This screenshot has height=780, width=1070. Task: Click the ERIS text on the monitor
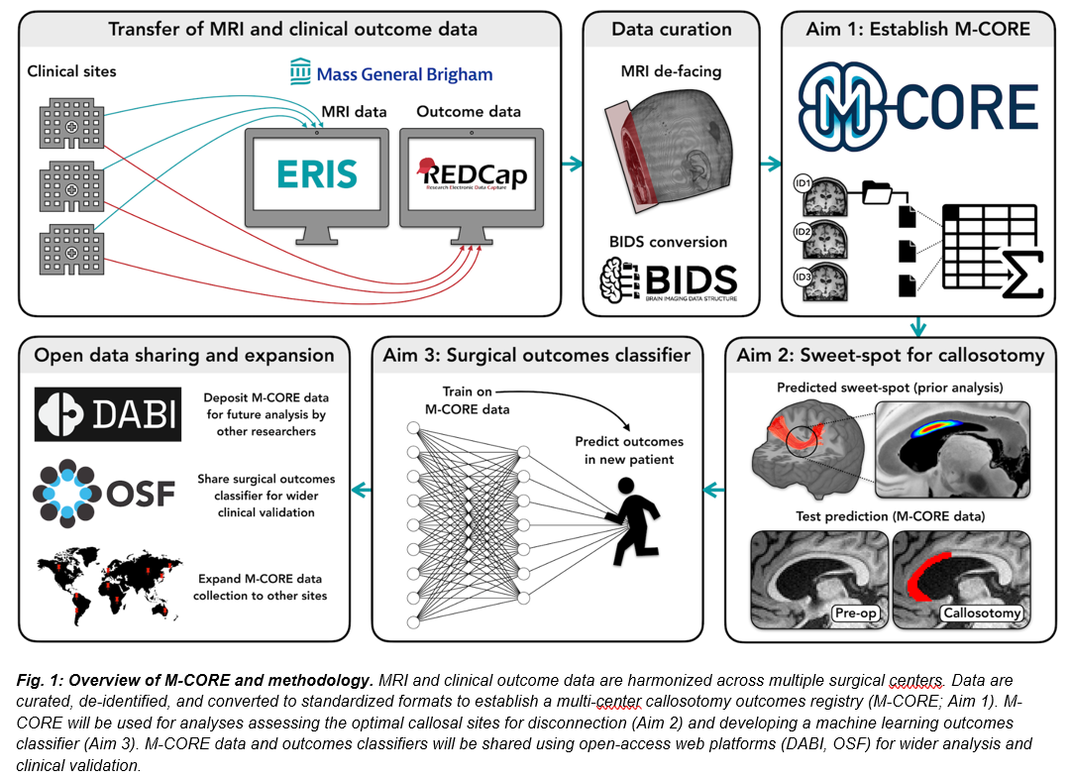pyautogui.click(x=316, y=173)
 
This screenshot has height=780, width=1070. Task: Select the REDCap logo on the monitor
pyautogui.click(x=471, y=174)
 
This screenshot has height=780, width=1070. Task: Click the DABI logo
pyautogui.click(x=108, y=412)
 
